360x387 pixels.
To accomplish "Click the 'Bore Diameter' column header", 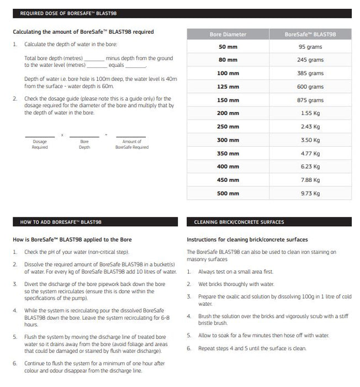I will point(228,34).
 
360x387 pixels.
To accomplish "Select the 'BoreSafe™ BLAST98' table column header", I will point(310,34).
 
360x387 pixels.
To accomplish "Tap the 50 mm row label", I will point(228,47).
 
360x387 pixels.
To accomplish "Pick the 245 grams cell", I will point(310,60).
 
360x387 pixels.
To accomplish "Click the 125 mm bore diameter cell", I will point(228,87).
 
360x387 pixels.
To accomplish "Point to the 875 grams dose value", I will point(310,100).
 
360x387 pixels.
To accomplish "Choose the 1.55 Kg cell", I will point(310,113).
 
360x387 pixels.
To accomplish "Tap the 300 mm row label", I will point(228,140).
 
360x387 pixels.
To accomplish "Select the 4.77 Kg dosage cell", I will point(310,153).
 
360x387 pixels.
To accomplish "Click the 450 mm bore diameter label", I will point(228,180).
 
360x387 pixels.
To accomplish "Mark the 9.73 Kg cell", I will point(310,193).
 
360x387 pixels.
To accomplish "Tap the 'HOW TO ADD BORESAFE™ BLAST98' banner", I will point(61,222).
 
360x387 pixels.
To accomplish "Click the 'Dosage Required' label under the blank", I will point(40,144).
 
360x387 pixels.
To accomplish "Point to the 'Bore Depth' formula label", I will point(84,144).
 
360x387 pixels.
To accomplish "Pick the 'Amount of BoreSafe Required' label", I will point(132,144).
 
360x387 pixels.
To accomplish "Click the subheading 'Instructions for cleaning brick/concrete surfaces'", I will point(247,239).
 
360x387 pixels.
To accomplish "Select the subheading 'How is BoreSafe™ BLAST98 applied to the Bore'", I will point(72,239).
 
